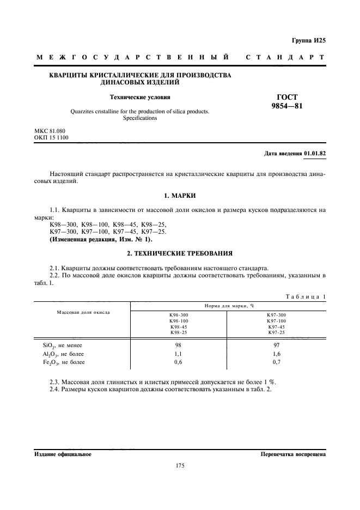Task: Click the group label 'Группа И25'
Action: (x=308, y=40)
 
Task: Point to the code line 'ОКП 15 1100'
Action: (x=52, y=138)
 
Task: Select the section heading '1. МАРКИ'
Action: (x=180, y=195)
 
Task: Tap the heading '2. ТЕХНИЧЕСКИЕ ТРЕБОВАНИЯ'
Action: (x=180, y=253)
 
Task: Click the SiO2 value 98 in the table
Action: (x=178, y=345)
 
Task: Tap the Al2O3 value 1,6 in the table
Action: (x=276, y=354)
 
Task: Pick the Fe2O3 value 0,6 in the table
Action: (x=178, y=362)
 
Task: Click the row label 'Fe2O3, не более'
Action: (x=64, y=362)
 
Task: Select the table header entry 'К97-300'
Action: (x=276, y=315)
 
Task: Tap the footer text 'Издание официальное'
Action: (x=63, y=454)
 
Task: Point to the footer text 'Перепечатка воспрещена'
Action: (x=293, y=454)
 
